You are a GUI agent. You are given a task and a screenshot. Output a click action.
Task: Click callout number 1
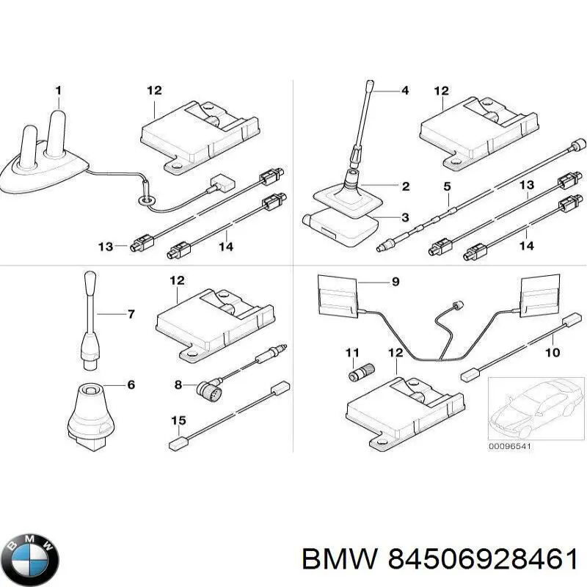click(59, 90)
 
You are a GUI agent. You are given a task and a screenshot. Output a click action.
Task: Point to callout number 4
click(404, 91)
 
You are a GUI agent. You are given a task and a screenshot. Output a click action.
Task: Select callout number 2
click(405, 186)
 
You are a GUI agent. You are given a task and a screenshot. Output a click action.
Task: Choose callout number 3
click(405, 217)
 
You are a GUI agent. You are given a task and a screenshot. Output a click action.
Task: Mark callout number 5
click(447, 186)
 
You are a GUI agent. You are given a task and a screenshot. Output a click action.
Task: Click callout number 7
click(131, 315)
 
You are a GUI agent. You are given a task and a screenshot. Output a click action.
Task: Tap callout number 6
click(131, 383)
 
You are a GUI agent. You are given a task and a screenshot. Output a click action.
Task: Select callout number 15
click(178, 420)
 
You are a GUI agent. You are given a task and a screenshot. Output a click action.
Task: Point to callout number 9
click(395, 280)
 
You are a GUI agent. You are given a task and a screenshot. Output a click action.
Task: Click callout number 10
click(553, 353)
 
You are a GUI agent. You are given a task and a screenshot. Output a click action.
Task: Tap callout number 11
click(351, 353)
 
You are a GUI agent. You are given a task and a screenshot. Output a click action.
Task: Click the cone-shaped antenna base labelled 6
click(90, 415)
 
